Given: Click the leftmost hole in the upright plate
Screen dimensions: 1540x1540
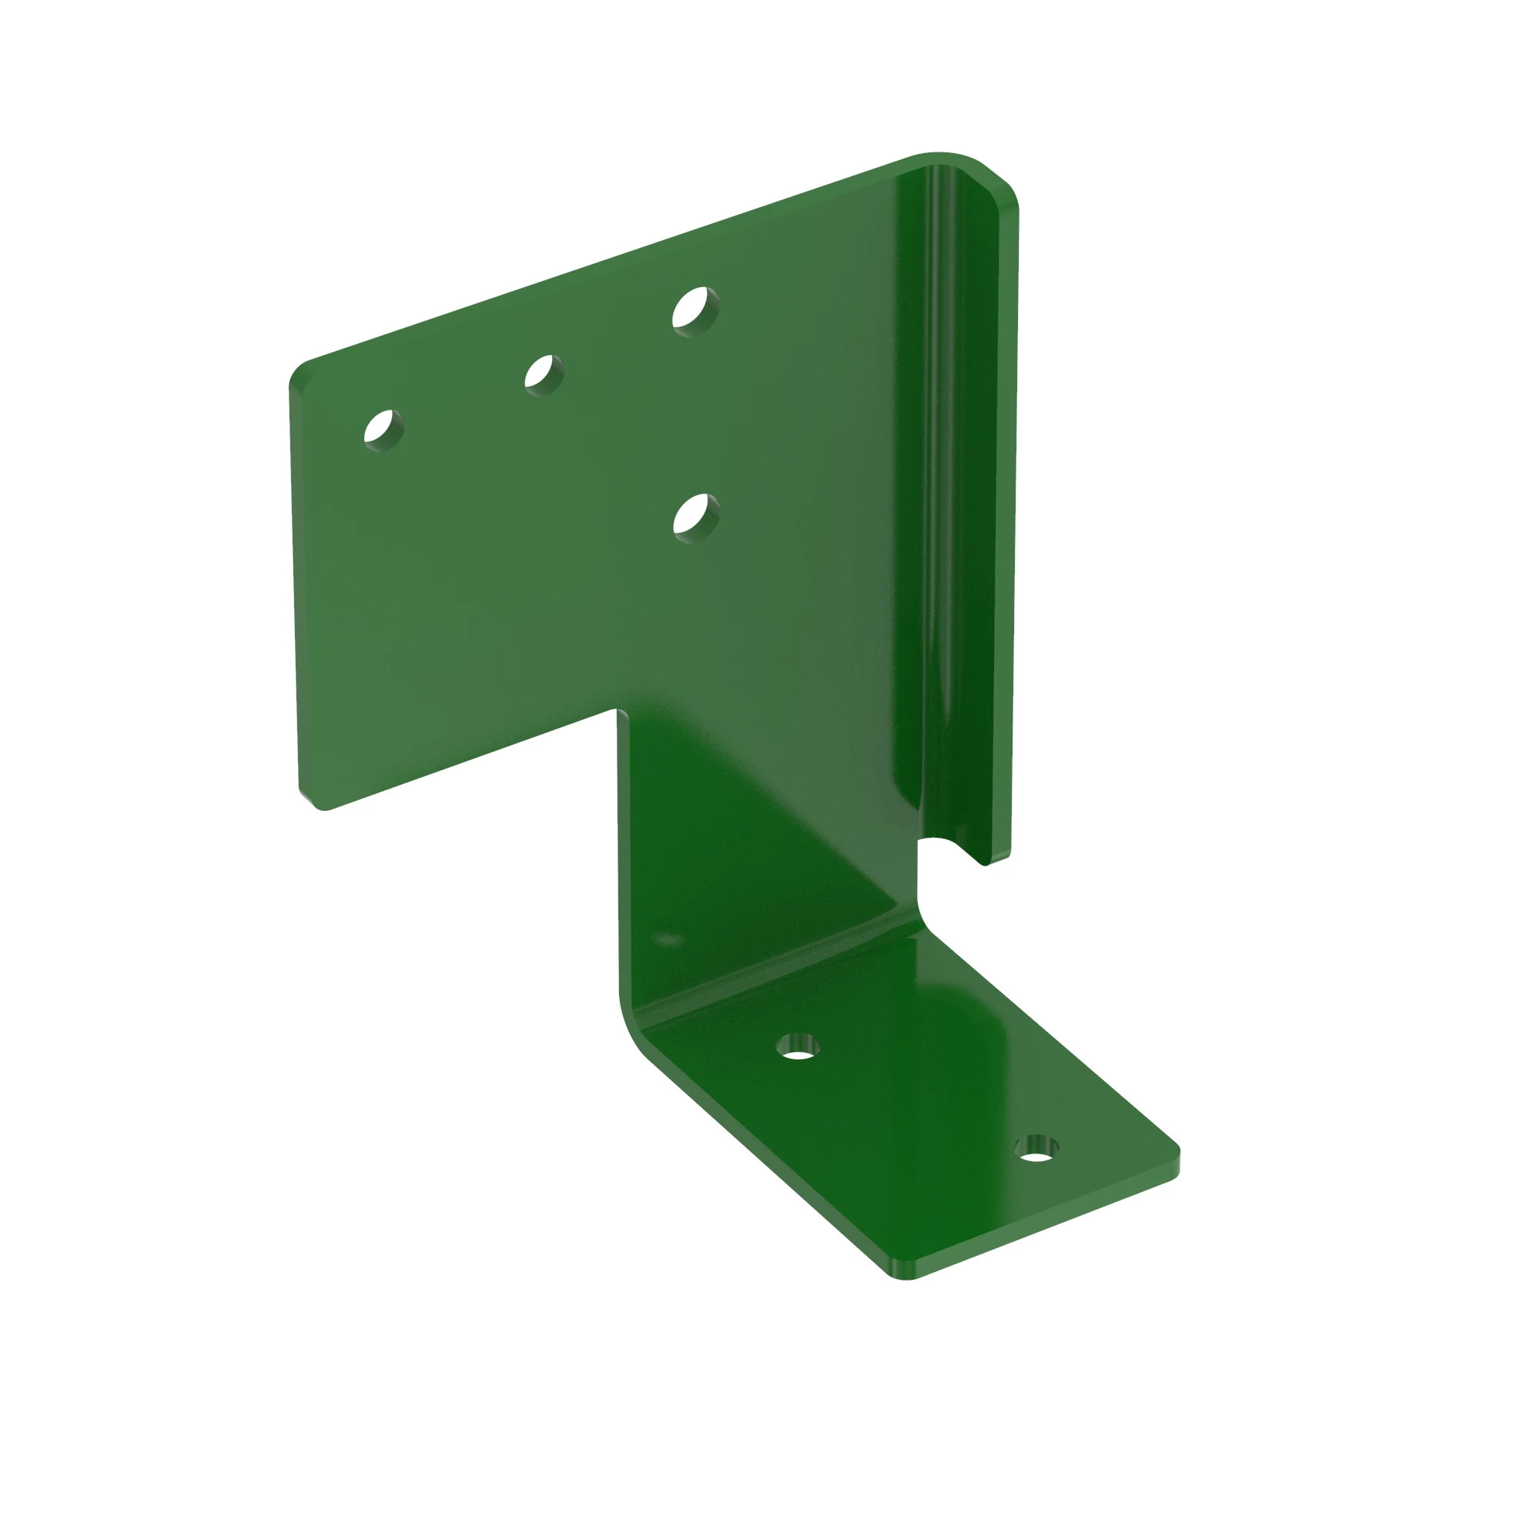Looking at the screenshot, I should pos(383,430).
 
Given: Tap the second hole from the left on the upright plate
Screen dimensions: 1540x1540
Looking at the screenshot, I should pos(544,375).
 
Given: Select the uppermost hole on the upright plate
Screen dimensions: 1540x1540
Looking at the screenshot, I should pos(695,311).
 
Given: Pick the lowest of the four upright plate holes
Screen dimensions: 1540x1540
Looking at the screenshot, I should pos(696,518).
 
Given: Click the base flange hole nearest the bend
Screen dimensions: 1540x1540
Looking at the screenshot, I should pos(797,1046).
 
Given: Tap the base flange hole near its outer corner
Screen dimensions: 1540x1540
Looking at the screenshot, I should pos(1036,1149).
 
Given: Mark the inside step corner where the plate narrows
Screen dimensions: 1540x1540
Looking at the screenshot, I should pos(618,711).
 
